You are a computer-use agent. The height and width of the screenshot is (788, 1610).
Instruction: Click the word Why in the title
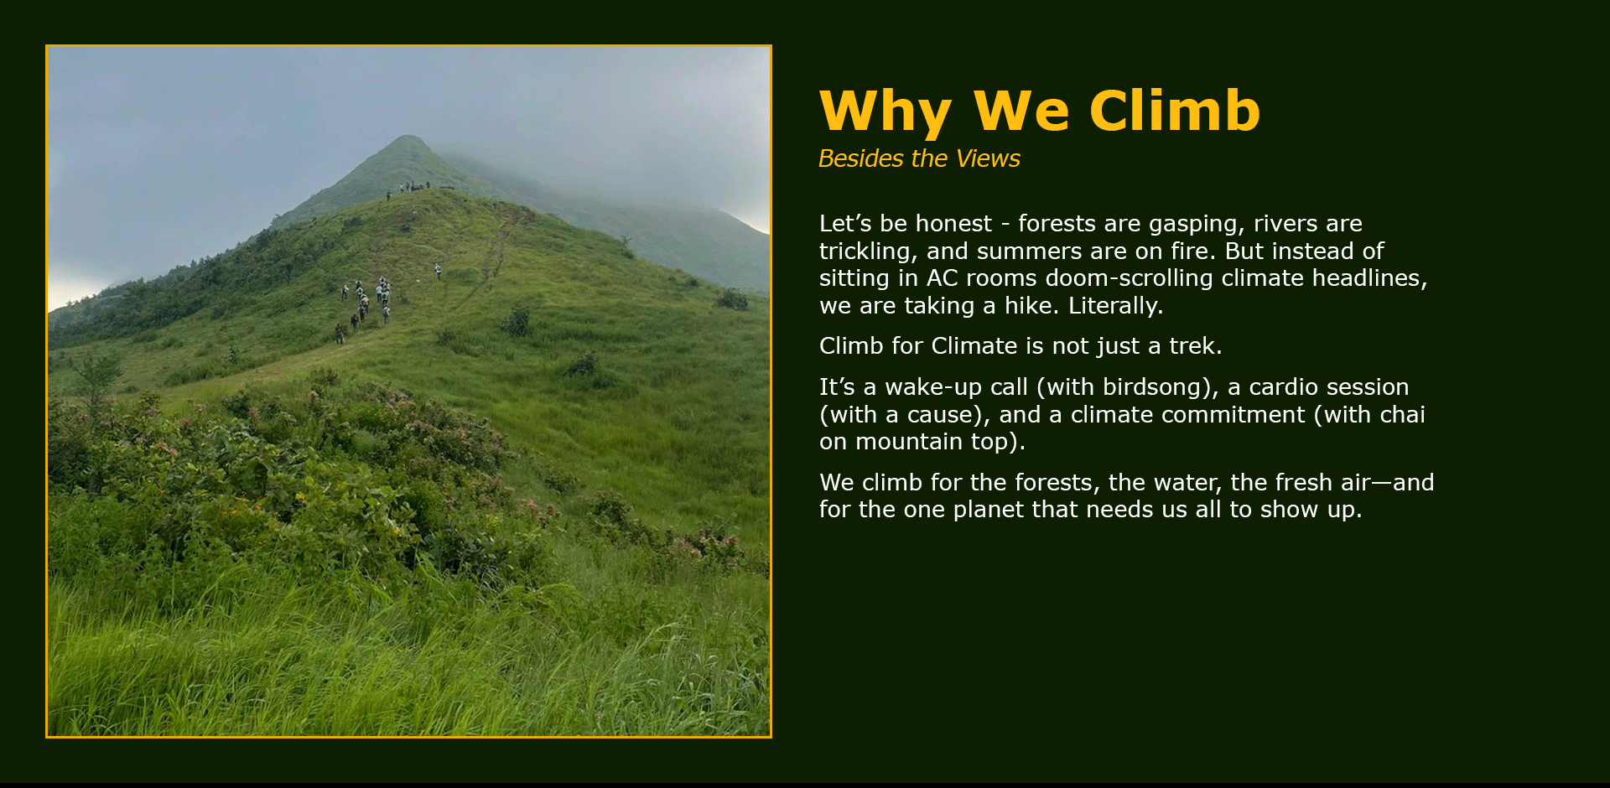[x=885, y=111]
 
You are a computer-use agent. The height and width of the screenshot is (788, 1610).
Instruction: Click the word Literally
[x=1115, y=306]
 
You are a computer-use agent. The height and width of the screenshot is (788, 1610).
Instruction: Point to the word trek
[x=1195, y=346]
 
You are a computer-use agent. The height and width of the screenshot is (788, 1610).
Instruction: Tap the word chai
[x=1400, y=415]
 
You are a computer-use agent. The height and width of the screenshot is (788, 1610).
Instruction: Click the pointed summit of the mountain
[x=408, y=137]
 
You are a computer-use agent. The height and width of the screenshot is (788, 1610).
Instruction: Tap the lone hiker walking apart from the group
[x=437, y=272]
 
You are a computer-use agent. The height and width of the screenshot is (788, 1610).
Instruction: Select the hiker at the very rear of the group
[x=339, y=334]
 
